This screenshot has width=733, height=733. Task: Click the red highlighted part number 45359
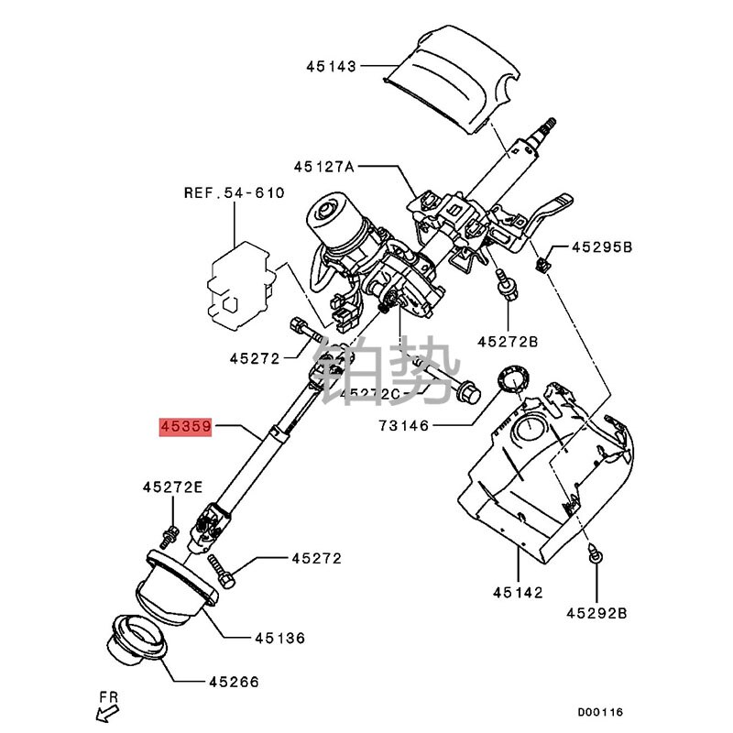(186, 426)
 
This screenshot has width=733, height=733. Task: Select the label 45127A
(323, 167)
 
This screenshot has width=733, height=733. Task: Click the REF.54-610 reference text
(234, 193)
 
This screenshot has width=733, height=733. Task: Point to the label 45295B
(602, 247)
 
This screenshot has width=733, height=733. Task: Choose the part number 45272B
(507, 342)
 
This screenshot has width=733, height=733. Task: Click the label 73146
(403, 426)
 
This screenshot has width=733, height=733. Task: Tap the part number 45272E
(171, 488)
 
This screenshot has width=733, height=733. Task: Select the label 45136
(279, 638)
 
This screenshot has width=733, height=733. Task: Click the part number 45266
(234, 682)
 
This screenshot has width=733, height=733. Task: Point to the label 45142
(519, 593)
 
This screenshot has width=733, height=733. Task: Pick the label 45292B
(596, 612)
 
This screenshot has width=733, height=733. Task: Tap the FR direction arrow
(104, 706)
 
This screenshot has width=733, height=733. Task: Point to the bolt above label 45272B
(505, 284)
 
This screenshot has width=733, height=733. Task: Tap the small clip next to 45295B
(542, 265)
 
